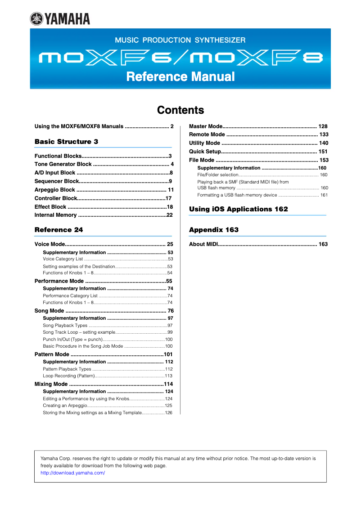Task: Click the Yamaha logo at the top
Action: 60,18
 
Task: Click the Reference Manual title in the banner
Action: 180,76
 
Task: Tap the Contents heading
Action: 180,110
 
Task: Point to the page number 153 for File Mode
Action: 324,160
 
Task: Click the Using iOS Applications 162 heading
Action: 239,209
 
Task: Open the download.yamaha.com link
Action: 72,473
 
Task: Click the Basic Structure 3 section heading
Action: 66,142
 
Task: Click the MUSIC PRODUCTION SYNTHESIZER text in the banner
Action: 180,40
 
